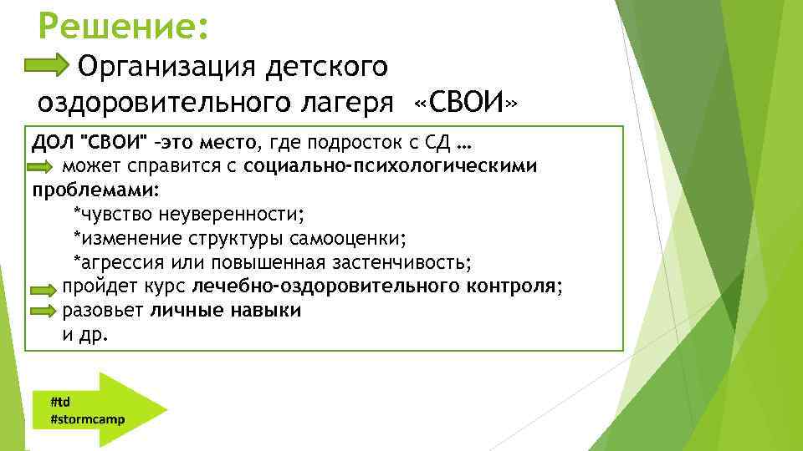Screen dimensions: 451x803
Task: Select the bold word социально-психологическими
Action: pyautogui.click(x=391, y=165)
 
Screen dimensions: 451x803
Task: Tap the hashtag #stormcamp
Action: pyautogui.click(x=87, y=418)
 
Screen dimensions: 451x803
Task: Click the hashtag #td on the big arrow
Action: pyautogui.click(x=60, y=401)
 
